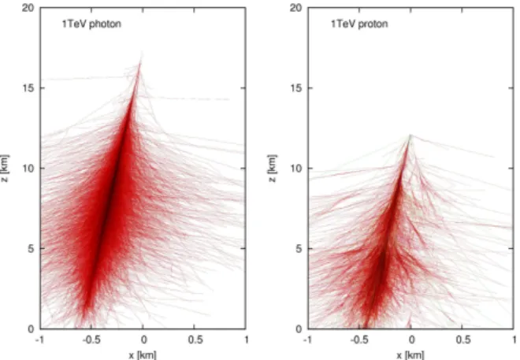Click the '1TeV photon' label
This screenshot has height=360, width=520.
(91, 24)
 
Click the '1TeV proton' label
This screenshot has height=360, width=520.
(359, 24)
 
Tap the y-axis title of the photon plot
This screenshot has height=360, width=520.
(6, 168)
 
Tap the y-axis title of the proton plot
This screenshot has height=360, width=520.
(272, 168)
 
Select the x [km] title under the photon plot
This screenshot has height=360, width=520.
(143, 355)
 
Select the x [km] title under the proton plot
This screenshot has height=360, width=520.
(410, 355)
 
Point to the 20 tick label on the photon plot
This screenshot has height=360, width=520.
(28, 8)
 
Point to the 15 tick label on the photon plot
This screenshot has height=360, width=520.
(28, 88)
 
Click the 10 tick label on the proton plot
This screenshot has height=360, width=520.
(296, 169)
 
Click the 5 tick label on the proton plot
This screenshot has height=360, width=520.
(299, 249)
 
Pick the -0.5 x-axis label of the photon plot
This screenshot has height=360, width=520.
(91, 340)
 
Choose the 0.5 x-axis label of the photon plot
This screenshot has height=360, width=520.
(195, 340)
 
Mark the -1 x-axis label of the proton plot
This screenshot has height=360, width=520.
(307, 340)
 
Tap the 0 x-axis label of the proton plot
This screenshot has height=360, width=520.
(411, 340)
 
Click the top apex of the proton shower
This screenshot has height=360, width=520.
(410, 135)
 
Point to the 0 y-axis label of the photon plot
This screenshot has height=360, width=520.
(32, 329)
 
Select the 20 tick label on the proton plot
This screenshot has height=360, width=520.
(296, 8)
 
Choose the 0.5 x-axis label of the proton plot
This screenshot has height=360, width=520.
(463, 340)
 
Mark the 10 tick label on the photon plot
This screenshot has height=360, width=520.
(28, 169)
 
